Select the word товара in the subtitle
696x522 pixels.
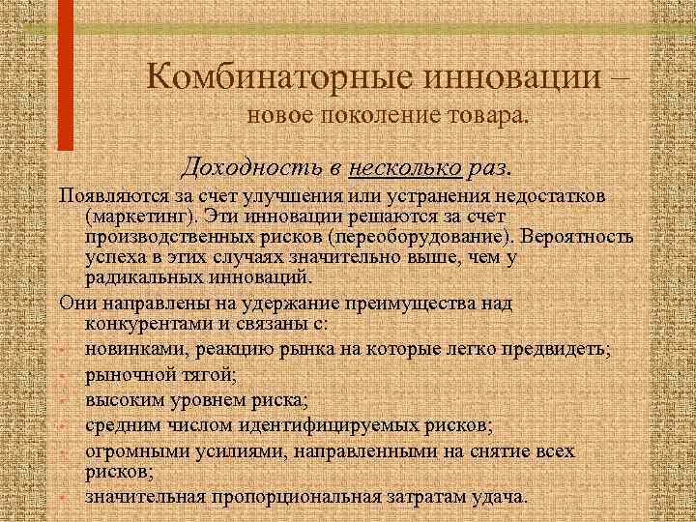click(486, 117)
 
